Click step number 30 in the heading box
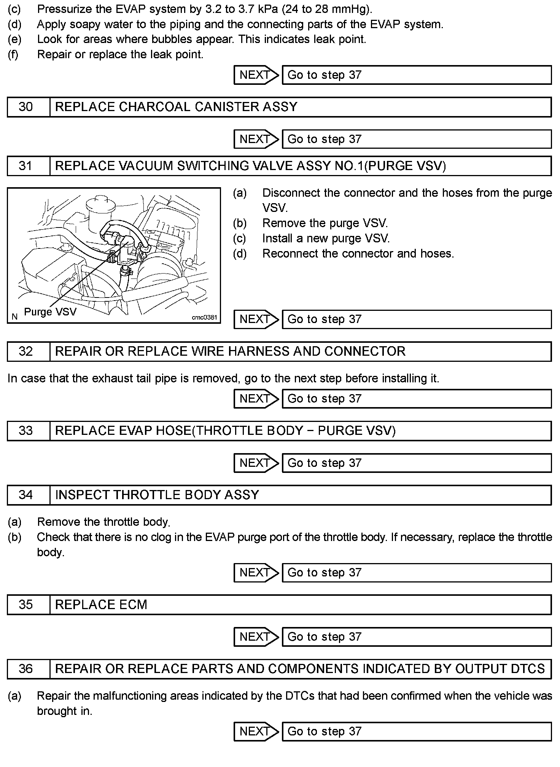[x=25, y=107]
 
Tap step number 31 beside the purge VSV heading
[x=25, y=166]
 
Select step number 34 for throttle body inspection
[x=25, y=495]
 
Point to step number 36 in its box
[x=25, y=669]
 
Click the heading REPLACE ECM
[x=101, y=605]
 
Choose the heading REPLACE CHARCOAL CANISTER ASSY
[x=176, y=107]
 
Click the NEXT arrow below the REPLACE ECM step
[x=256, y=637]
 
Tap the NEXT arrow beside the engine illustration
[x=256, y=319]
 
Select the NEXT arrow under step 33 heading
[x=256, y=463]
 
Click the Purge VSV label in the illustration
[x=50, y=312]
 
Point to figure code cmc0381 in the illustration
[x=204, y=317]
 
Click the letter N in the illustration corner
[x=14, y=317]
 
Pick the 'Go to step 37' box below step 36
[x=416, y=731]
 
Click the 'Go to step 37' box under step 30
[x=416, y=139]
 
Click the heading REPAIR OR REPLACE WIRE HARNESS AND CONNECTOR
[x=230, y=351]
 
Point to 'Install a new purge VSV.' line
[x=326, y=239]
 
